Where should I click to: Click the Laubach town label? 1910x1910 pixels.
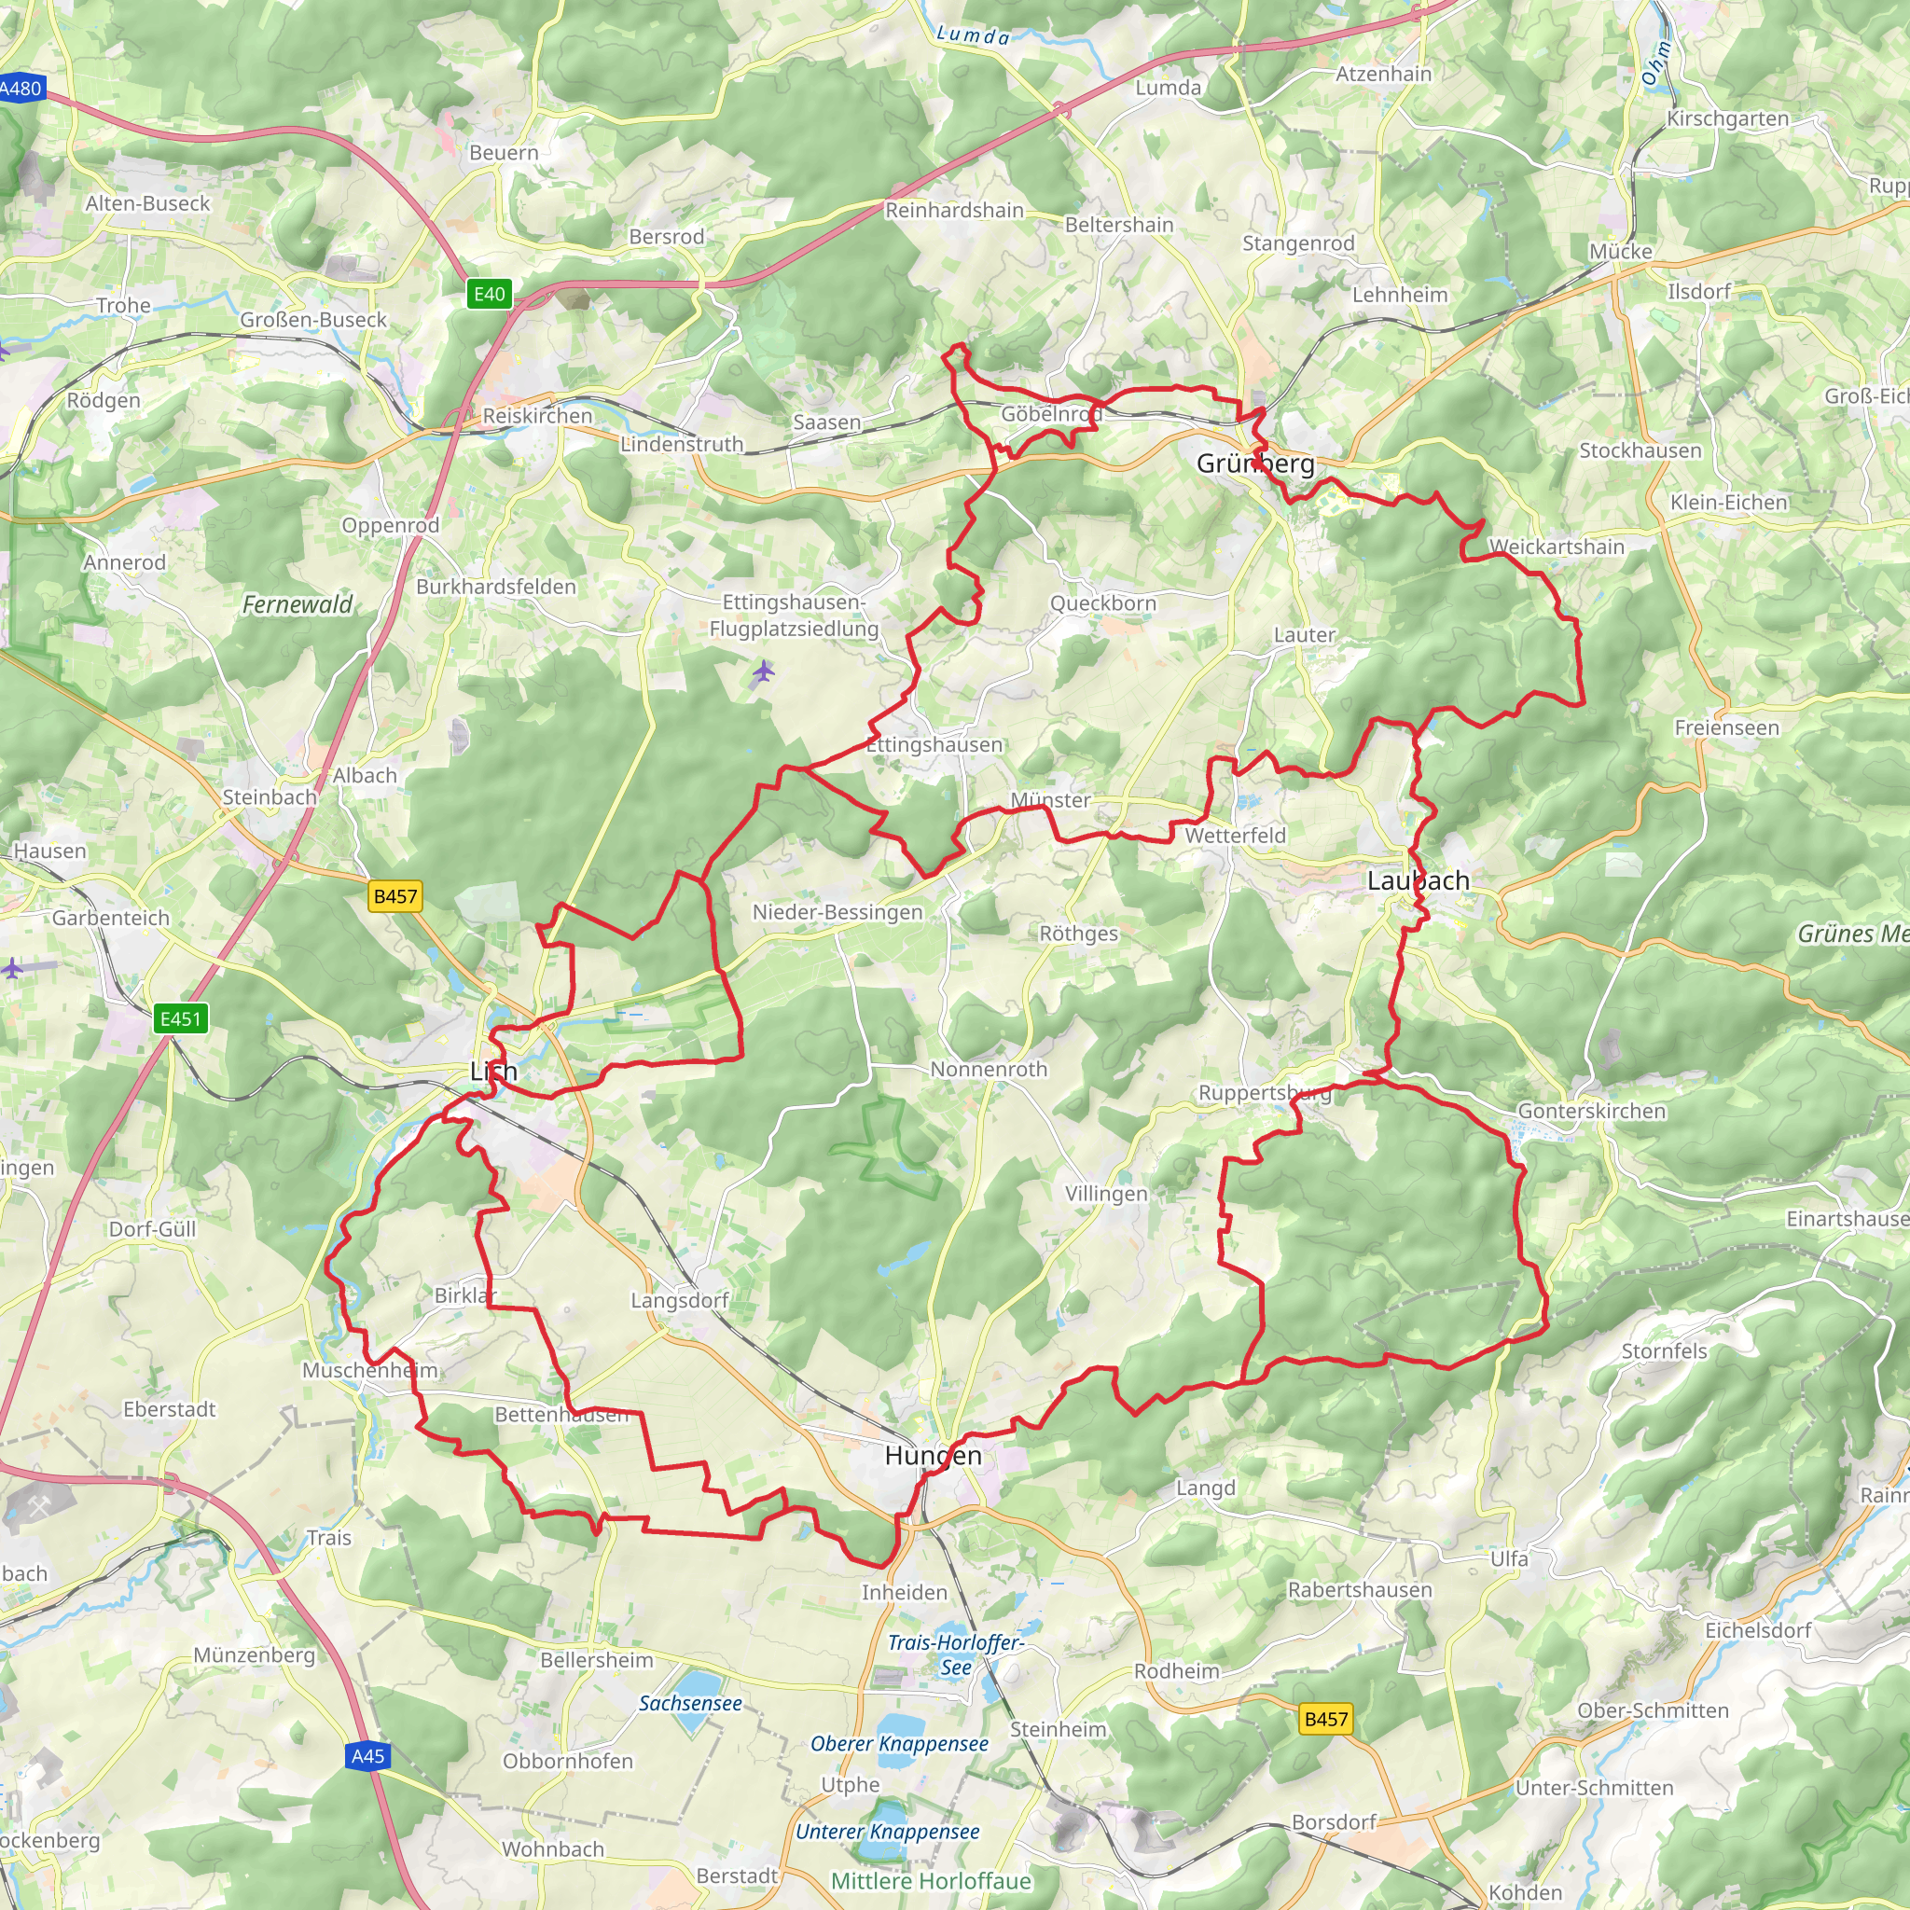coord(1418,880)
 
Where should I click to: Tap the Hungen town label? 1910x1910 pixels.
coord(934,1455)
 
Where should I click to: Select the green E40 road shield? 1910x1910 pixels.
coord(490,294)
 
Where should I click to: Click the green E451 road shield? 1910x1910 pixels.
coord(181,1018)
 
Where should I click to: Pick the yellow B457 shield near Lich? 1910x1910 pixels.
coord(394,895)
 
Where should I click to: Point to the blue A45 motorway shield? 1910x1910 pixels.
coord(367,1756)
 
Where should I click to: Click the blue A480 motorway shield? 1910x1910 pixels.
coord(21,88)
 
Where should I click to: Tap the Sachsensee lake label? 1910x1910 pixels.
coord(690,1703)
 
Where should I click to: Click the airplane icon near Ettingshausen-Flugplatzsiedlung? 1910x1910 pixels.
coord(762,672)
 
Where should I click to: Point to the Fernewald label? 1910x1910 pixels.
coord(297,604)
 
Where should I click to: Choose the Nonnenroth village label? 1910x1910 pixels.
coord(989,1069)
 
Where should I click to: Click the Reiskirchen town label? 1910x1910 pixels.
coord(537,415)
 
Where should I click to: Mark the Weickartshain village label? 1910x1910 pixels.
coord(1557,547)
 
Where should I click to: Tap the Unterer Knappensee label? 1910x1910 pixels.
coord(887,1831)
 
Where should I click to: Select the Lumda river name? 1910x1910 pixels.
coord(973,35)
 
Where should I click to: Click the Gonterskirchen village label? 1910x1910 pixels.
coord(1592,1110)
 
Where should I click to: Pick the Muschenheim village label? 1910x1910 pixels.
coord(369,1370)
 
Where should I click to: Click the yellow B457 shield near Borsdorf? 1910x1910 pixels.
coord(1326,1719)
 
